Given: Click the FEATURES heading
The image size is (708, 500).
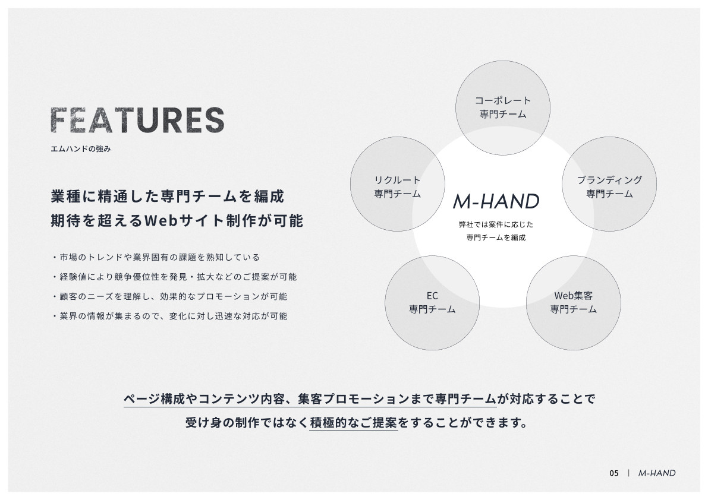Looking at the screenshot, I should pos(137,120).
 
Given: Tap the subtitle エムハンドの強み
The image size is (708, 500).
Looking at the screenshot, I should pos(81,149).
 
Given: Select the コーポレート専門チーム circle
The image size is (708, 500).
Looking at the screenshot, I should pos(503,107).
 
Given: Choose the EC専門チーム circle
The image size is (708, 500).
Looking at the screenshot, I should pos(432,303).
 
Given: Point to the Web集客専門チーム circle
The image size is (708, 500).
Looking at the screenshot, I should pos(574,303).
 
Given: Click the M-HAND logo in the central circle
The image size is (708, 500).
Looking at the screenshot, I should pos(496,202).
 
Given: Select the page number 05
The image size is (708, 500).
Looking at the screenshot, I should pos(613,473).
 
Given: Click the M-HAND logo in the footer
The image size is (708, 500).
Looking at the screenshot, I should pos(657,473).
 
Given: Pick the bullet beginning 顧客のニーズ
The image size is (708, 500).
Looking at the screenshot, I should pos(169,296).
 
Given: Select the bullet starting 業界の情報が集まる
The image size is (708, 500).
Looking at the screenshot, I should pos(169,316).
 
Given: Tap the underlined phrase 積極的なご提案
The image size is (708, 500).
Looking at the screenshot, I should pos(354,423).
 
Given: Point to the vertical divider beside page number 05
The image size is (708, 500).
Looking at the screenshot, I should pos(628,473).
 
